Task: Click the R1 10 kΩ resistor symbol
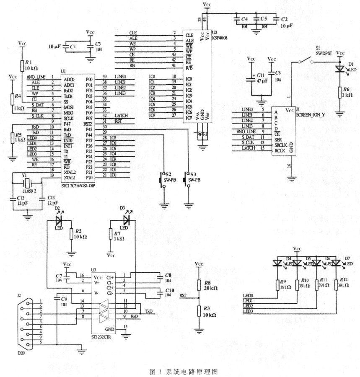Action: tap(22, 65)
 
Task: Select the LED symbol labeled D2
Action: tap(59, 219)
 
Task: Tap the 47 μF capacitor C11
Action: tap(251, 77)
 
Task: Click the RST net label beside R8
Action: tap(183, 295)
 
